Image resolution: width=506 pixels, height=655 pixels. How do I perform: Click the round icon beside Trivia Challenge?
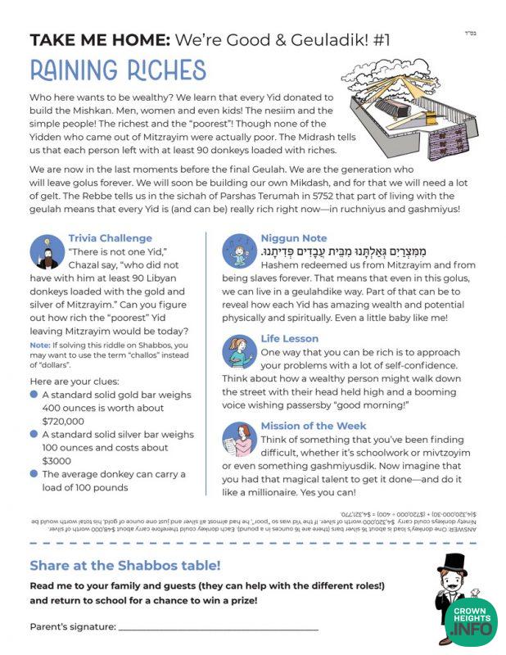pyautogui.click(x=47, y=251)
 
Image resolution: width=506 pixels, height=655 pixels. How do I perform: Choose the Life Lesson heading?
pyautogui.click(x=290, y=338)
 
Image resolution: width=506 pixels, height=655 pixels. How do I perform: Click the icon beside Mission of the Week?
pyautogui.click(x=240, y=440)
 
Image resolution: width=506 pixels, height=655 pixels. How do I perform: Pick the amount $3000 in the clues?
pyautogui.click(x=58, y=461)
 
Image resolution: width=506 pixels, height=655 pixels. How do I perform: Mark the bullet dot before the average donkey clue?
pyautogui.click(x=34, y=474)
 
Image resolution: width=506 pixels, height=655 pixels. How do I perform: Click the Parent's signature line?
pyautogui.click(x=218, y=628)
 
